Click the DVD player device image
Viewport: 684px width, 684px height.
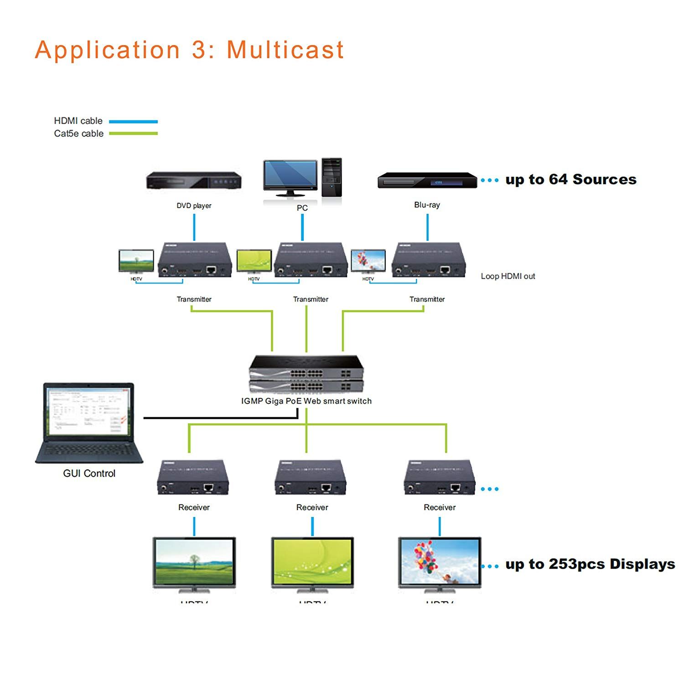click(194, 181)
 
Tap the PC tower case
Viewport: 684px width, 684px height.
click(332, 177)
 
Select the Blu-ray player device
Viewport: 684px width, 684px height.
click(427, 181)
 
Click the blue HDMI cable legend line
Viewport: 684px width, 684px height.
click(133, 122)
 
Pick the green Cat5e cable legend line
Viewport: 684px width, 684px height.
click(133, 134)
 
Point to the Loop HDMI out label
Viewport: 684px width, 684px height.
click(508, 276)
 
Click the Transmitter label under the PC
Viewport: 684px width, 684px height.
click(311, 299)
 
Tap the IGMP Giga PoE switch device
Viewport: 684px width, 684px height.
click(306, 374)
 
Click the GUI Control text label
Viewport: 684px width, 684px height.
click(89, 473)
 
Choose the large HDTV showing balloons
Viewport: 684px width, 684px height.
click(440, 563)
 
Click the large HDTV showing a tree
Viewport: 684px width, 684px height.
click(194, 563)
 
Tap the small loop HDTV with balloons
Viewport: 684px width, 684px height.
click(368, 261)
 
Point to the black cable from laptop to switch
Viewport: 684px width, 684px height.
click(219, 417)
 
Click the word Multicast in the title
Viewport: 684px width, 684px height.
click(285, 50)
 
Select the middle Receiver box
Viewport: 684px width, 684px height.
click(311, 477)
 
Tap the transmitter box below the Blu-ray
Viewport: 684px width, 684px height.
click(429, 260)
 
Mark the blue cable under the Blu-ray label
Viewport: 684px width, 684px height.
click(427, 227)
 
